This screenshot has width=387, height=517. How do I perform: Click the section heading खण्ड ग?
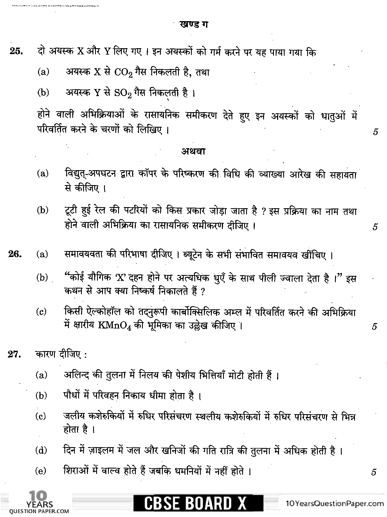pyautogui.click(x=194, y=25)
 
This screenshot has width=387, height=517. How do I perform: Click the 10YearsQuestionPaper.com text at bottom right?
pyautogui.click(x=334, y=503)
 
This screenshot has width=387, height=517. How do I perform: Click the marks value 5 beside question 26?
pyautogui.click(x=374, y=327)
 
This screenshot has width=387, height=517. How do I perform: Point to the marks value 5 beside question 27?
pyautogui.click(x=374, y=472)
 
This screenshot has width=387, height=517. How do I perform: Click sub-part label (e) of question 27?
pyautogui.click(x=41, y=471)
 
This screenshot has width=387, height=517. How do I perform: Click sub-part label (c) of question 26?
pyautogui.click(x=41, y=312)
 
